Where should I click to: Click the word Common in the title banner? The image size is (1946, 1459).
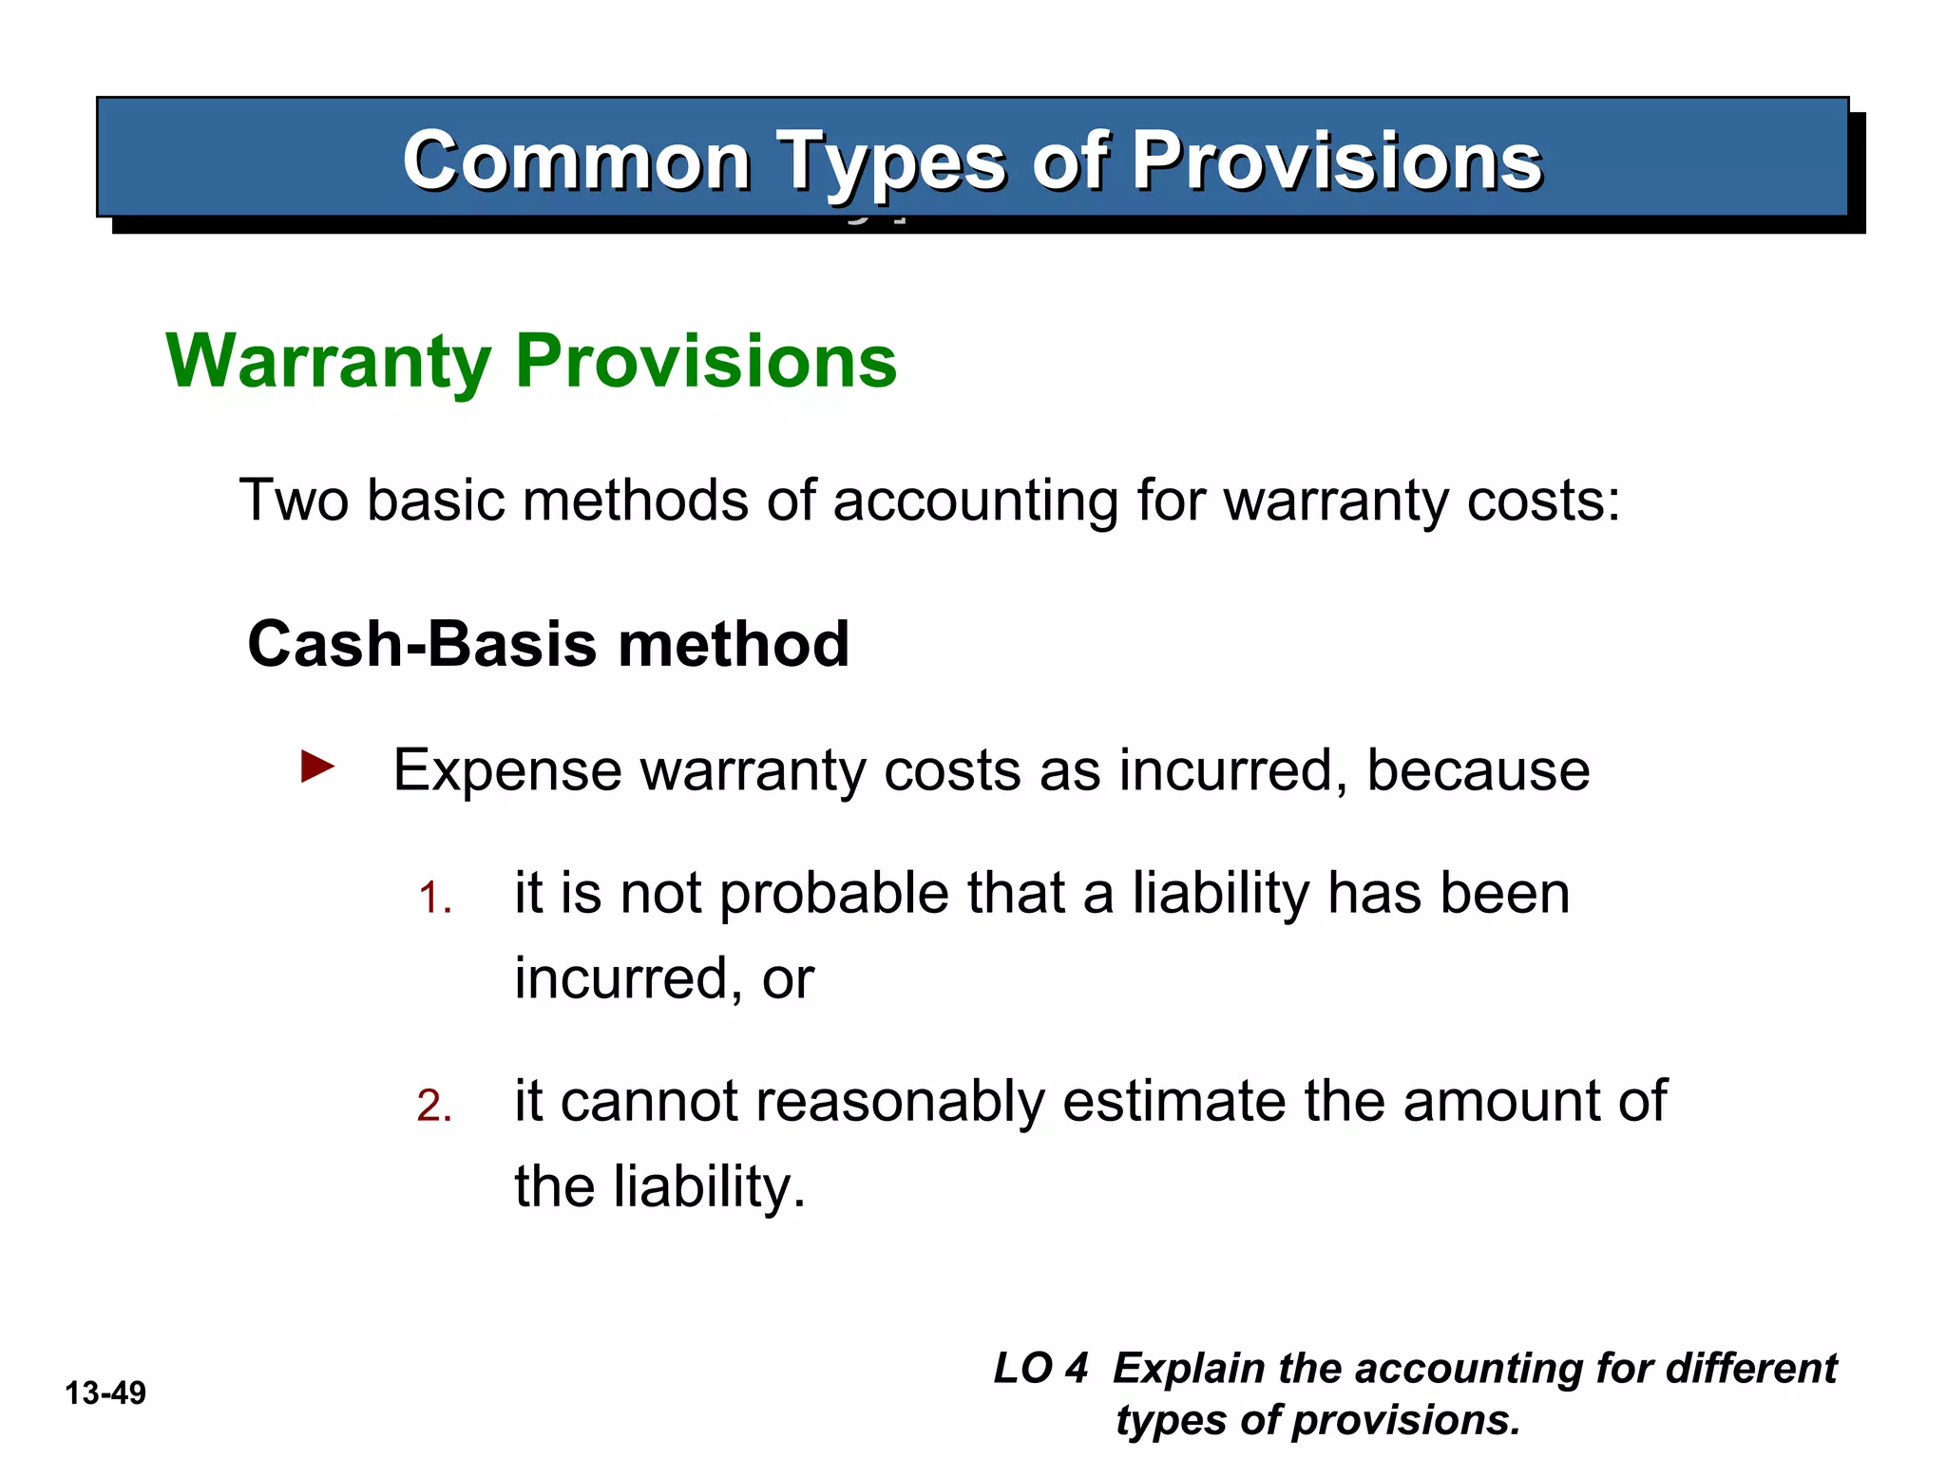pyautogui.click(x=576, y=161)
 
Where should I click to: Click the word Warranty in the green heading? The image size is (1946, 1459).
pyautogui.click(x=329, y=362)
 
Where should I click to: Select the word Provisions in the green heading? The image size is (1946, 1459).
pyautogui.click(x=706, y=362)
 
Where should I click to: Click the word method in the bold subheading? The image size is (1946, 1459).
pyautogui.click(x=734, y=644)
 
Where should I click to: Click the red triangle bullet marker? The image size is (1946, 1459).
pyautogui.click(x=317, y=766)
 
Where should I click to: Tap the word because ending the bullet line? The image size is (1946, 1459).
pyautogui.click(x=1478, y=770)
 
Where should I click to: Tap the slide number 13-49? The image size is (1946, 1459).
pyautogui.click(x=105, y=1393)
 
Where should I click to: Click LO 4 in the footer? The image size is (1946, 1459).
pyautogui.click(x=1040, y=1369)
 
